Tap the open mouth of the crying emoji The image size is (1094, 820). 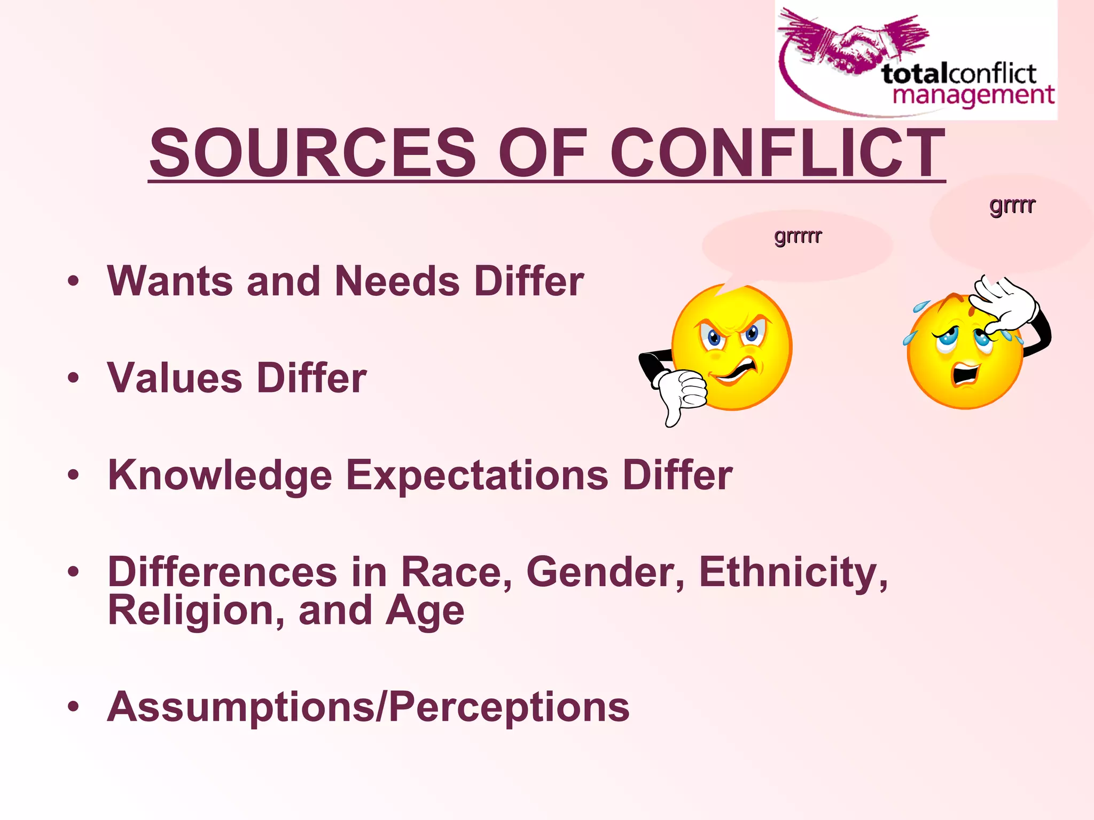click(x=965, y=373)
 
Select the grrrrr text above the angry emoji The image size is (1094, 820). click(x=798, y=235)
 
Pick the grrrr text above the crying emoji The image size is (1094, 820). click(x=1012, y=204)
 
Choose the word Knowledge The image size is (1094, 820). click(x=220, y=475)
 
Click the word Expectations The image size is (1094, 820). click(x=477, y=475)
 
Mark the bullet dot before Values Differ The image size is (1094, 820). click(x=74, y=378)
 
